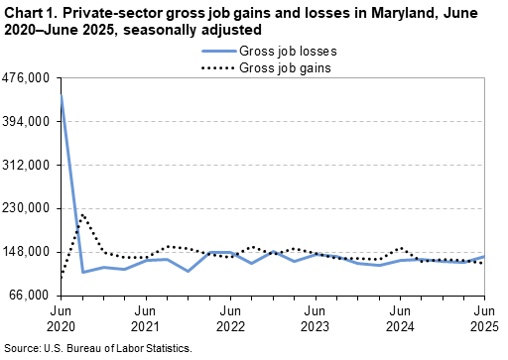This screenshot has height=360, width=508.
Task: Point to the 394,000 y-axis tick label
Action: tap(30, 122)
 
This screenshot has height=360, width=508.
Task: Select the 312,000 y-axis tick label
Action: tap(30, 166)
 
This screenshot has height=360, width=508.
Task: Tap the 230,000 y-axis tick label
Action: tap(30, 208)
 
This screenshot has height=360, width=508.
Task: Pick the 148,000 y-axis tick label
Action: tap(30, 252)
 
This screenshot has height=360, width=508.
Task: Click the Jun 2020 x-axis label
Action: tap(62, 318)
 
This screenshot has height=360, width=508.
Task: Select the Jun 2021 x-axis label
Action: tap(146, 318)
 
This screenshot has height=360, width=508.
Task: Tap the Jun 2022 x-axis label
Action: tap(230, 318)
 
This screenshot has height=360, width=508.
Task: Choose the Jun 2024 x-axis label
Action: tap(400, 318)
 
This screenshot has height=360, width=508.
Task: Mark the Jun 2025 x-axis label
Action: tap(484, 318)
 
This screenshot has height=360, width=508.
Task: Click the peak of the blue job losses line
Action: tap(62, 95)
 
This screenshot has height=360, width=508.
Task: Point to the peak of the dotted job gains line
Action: tap(83, 214)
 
